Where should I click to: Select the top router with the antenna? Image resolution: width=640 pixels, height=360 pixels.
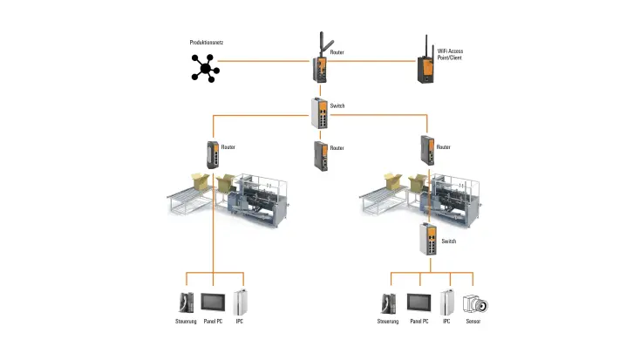click(x=321, y=64)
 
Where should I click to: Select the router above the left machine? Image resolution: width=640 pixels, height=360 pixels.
click(x=213, y=155)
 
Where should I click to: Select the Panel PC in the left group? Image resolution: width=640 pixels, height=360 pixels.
click(x=214, y=302)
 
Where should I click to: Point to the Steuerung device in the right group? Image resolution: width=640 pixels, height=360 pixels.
click(x=389, y=303)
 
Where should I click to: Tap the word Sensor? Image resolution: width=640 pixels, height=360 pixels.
click(x=473, y=322)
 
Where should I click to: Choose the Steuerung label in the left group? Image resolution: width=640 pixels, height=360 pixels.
click(x=185, y=322)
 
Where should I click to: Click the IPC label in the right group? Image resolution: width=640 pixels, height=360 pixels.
click(x=446, y=322)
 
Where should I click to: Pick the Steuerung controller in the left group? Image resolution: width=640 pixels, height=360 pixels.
click(x=185, y=302)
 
